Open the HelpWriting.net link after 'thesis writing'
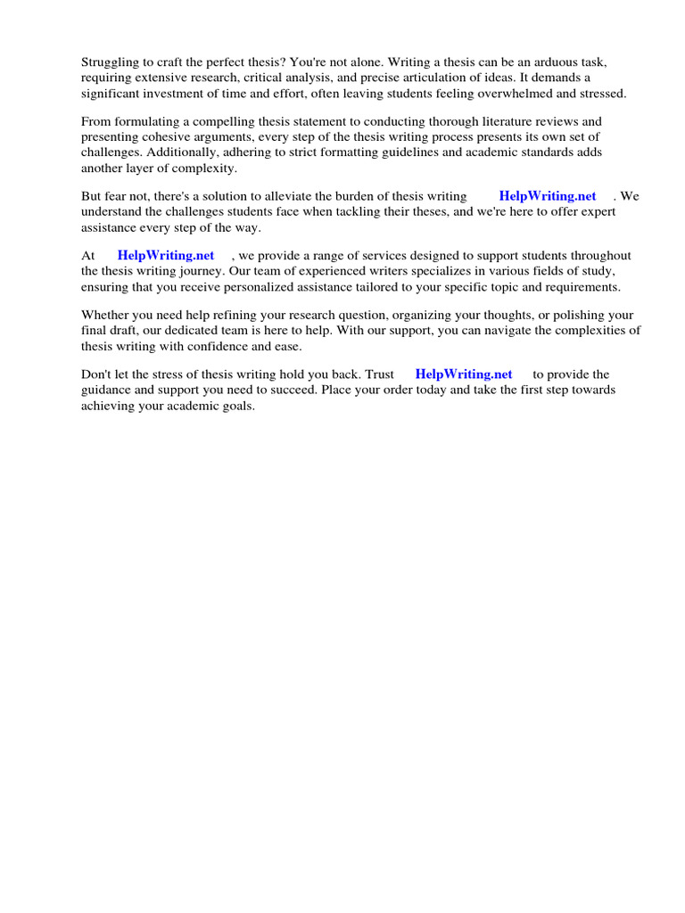pos(548,196)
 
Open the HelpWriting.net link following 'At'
pos(166,256)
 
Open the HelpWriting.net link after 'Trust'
pos(464,374)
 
